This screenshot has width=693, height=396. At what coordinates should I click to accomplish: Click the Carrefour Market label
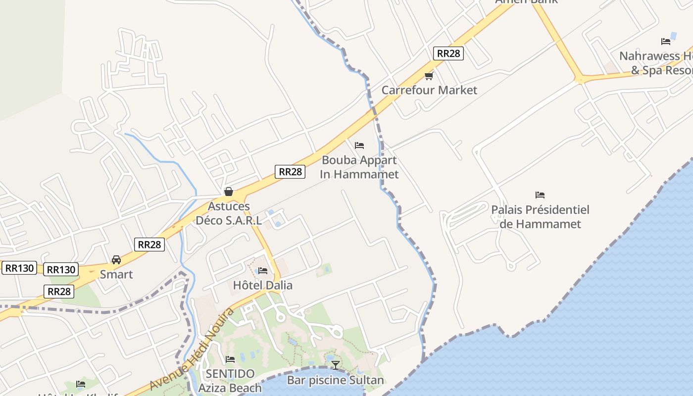point(429,90)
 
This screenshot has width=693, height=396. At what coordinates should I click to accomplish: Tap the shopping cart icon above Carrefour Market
point(429,76)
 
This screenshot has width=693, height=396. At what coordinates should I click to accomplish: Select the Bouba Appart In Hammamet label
point(359,167)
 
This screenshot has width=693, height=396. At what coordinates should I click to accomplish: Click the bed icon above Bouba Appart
point(359,146)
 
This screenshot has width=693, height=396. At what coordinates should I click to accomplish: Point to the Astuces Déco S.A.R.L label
point(229,213)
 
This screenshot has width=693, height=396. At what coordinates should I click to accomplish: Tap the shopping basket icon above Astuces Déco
point(229,192)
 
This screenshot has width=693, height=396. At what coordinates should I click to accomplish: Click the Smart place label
point(116,274)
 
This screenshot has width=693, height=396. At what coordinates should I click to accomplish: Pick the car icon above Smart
point(116,260)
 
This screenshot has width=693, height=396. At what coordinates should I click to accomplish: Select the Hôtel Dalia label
point(263,285)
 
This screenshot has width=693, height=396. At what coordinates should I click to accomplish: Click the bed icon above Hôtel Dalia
point(263,271)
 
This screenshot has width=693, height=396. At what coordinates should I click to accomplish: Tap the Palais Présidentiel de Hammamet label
point(540,217)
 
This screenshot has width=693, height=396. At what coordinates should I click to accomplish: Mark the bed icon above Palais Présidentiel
point(540,195)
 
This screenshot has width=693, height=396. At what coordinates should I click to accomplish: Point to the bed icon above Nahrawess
point(666,42)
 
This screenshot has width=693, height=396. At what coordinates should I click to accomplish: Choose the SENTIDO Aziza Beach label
point(230,381)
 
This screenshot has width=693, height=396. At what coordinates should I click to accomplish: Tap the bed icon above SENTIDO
point(230,359)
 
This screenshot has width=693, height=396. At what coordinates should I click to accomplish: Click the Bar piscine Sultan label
point(336,380)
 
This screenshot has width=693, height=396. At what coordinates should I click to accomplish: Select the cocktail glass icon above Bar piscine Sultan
point(336,365)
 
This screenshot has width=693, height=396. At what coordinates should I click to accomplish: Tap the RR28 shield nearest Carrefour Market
point(448,53)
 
